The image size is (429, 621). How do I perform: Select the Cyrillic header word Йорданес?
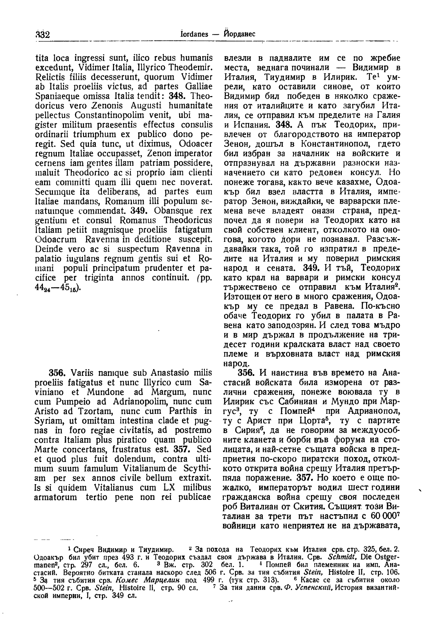(238, 34)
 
